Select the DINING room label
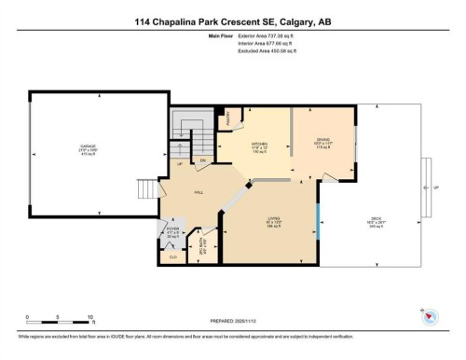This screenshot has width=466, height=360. point(323,142)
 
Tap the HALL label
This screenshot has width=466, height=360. point(199,191)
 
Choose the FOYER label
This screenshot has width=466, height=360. point(172,228)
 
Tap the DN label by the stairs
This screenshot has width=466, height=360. point(202,161)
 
